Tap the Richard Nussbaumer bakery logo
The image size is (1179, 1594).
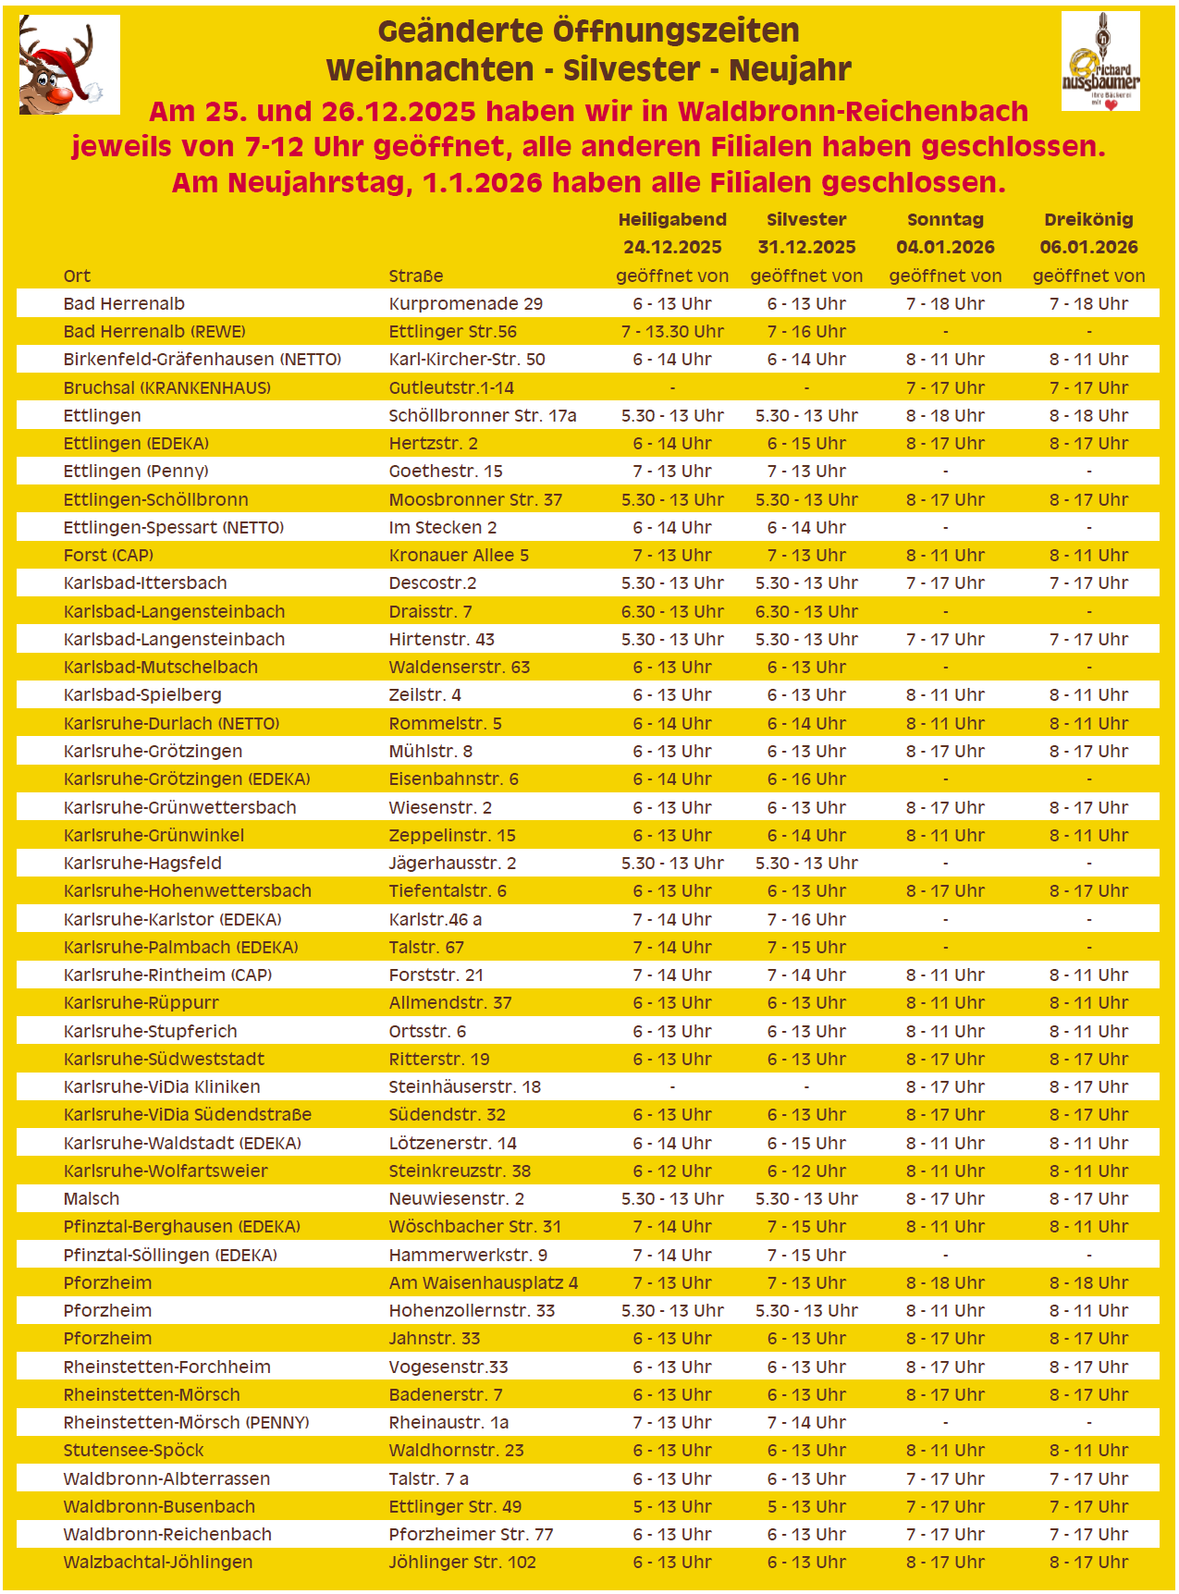(1100, 62)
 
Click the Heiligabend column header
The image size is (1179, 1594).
(672, 220)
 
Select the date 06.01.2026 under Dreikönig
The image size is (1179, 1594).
(1088, 248)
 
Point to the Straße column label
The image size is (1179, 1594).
(415, 276)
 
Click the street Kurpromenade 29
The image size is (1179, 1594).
(465, 304)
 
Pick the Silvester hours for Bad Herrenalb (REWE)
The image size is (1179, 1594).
(806, 332)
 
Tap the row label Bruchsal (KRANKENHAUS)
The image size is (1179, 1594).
(166, 388)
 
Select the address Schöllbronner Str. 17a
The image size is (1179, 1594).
(482, 416)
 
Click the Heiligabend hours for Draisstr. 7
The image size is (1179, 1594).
(672, 612)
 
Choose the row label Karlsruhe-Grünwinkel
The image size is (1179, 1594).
(154, 836)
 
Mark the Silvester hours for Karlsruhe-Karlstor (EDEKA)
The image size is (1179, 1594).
(806, 920)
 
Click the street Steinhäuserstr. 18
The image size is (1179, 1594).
(464, 1087)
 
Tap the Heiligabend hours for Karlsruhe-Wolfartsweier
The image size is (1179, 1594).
(672, 1171)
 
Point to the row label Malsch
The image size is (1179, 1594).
(92, 1199)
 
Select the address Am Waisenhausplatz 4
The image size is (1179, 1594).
(483, 1283)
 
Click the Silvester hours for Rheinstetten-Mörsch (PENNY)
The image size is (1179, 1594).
(806, 1423)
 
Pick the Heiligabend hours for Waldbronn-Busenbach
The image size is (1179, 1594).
(672, 1507)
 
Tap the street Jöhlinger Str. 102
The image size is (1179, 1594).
(462, 1563)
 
